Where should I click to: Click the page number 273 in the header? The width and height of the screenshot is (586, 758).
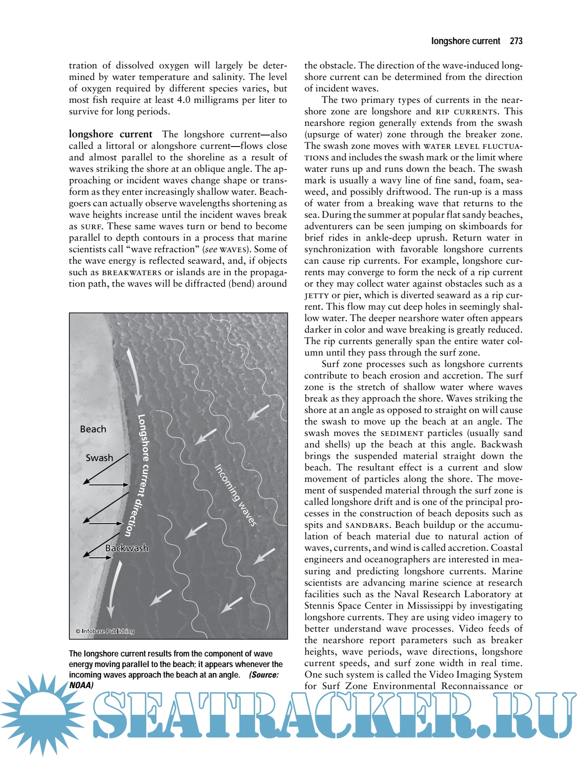(x=516, y=41)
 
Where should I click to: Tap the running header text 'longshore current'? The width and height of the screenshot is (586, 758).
(x=465, y=41)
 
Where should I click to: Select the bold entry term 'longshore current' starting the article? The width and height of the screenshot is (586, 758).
(x=110, y=134)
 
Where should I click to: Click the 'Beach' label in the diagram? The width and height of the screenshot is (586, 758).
(x=93, y=429)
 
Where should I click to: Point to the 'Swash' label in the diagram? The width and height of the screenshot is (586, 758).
(x=99, y=458)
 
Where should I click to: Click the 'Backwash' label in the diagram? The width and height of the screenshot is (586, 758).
(x=127, y=548)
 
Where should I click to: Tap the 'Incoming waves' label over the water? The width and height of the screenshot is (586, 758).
(x=235, y=495)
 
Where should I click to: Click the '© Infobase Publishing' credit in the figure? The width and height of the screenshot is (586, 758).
(x=105, y=631)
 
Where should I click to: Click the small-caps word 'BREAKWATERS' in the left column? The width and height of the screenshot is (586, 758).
(x=131, y=272)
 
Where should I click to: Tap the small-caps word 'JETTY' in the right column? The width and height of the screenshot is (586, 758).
(x=317, y=295)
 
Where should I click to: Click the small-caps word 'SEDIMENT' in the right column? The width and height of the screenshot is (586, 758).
(x=402, y=433)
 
